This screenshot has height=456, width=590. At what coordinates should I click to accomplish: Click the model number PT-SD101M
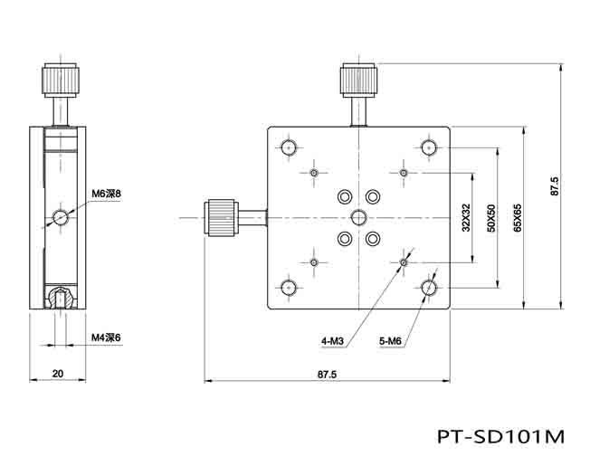pyautogui.click(x=500, y=435)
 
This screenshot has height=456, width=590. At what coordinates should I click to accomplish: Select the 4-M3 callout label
pyautogui.click(x=332, y=341)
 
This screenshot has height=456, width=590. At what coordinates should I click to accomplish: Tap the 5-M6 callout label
pyautogui.click(x=390, y=341)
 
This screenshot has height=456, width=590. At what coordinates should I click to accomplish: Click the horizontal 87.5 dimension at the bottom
pyautogui.click(x=327, y=374)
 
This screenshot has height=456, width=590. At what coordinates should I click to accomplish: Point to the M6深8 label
pyautogui.click(x=106, y=194)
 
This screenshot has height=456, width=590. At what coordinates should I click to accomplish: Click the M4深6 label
pyautogui.click(x=106, y=337)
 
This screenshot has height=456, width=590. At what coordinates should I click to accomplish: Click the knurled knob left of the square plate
pyautogui.click(x=220, y=217)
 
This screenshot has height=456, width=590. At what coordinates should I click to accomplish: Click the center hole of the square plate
pyautogui.click(x=358, y=217)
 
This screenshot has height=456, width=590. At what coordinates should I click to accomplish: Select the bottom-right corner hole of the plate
pyautogui.click(x=429, y=288)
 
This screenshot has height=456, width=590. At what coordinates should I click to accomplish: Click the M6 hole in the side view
pyautogui.click(x=60, y=217)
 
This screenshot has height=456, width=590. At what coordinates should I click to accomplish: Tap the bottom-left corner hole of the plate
pyautogui.click(x=290, y=288)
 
